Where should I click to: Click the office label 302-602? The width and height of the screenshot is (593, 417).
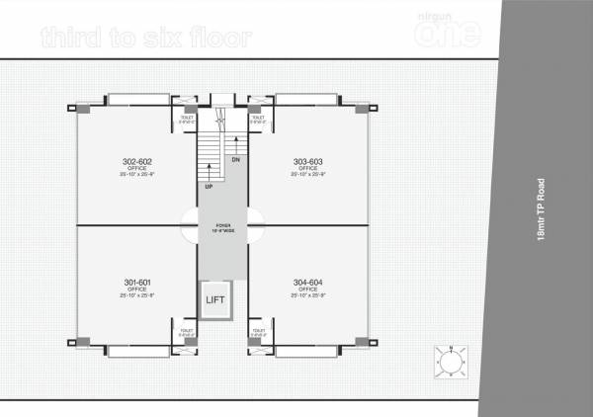(137, 161)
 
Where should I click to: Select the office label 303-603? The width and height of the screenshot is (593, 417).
(307, 161)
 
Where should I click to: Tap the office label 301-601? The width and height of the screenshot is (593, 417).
(137, 282)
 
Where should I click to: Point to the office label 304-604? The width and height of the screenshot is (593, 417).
(307, 282)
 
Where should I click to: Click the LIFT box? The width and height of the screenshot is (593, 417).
(215, 299)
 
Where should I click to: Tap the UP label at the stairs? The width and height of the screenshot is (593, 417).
(209, 186)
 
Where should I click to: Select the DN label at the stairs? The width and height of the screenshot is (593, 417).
(235, 158)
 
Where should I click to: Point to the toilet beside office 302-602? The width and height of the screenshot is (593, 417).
(186, 119)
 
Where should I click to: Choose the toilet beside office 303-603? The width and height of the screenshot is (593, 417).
(258, 119)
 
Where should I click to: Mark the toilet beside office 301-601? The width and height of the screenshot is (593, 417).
(186, 332)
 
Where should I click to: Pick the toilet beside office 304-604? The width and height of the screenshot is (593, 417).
(258, 332)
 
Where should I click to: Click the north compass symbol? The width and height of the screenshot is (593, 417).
(451, 363)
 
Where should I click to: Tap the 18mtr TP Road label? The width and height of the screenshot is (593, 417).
(540, 209)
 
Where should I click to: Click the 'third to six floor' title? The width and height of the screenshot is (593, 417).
(146, 38)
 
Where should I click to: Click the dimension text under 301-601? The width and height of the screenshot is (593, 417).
(137, 294)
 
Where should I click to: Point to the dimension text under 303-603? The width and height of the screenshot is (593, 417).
(307, 174)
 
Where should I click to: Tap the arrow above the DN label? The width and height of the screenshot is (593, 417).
(235, 144)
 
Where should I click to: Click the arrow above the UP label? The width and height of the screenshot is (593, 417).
(209, 170)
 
